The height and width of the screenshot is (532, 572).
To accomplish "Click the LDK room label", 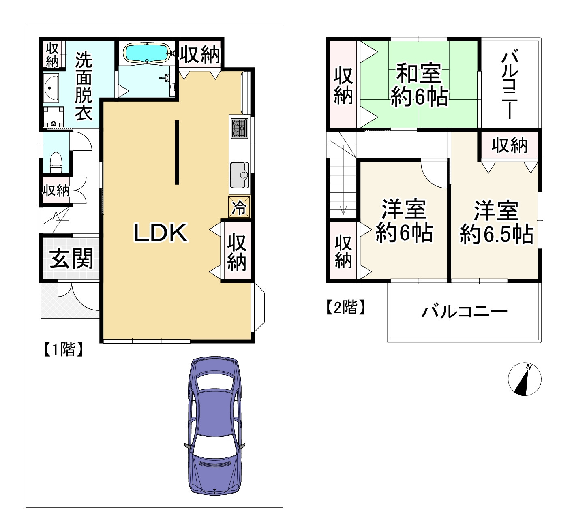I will [161, 233].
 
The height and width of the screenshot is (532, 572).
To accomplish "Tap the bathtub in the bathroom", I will [147, 53].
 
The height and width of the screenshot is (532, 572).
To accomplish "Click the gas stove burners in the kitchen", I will [239, 128].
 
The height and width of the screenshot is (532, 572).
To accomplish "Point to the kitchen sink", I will [239, 175].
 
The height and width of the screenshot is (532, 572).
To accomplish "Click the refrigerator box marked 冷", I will [239, 207].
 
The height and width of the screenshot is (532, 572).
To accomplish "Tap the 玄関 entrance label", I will [71, 259].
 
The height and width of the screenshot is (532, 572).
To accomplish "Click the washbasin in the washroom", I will [51, 88].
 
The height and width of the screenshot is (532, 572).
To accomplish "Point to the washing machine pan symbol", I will [53, 117].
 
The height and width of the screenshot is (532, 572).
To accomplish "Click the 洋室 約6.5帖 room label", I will [496, 222].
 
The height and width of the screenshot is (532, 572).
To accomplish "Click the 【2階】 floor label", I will [345, 307].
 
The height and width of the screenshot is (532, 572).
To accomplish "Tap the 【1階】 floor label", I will [63, 349].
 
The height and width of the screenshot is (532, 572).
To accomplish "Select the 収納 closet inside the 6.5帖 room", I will [509, 145].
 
